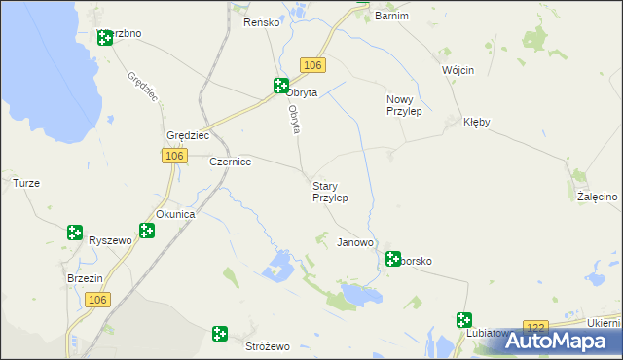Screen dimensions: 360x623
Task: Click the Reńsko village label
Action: click(262, 21)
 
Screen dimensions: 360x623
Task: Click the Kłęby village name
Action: click(477, 123)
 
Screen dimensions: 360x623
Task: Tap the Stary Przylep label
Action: click(329, 191)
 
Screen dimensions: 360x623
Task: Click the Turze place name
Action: click(25, 182)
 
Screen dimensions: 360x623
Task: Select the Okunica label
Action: click(176, 214)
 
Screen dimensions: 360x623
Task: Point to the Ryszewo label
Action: click(108, 239)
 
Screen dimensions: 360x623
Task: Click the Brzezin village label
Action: click(86, 277)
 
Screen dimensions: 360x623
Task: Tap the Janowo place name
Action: click(355, 242)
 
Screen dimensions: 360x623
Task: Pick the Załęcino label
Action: click(597, 197)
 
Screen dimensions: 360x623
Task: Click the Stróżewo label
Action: click(268, 346)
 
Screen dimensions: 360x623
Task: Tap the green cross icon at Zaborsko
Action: click(393, 259)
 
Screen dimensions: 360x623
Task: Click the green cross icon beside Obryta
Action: click(280, 86)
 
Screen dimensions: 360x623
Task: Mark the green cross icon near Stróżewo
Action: click(221, 335)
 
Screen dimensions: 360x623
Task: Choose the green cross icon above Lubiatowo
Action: click(464, 319)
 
